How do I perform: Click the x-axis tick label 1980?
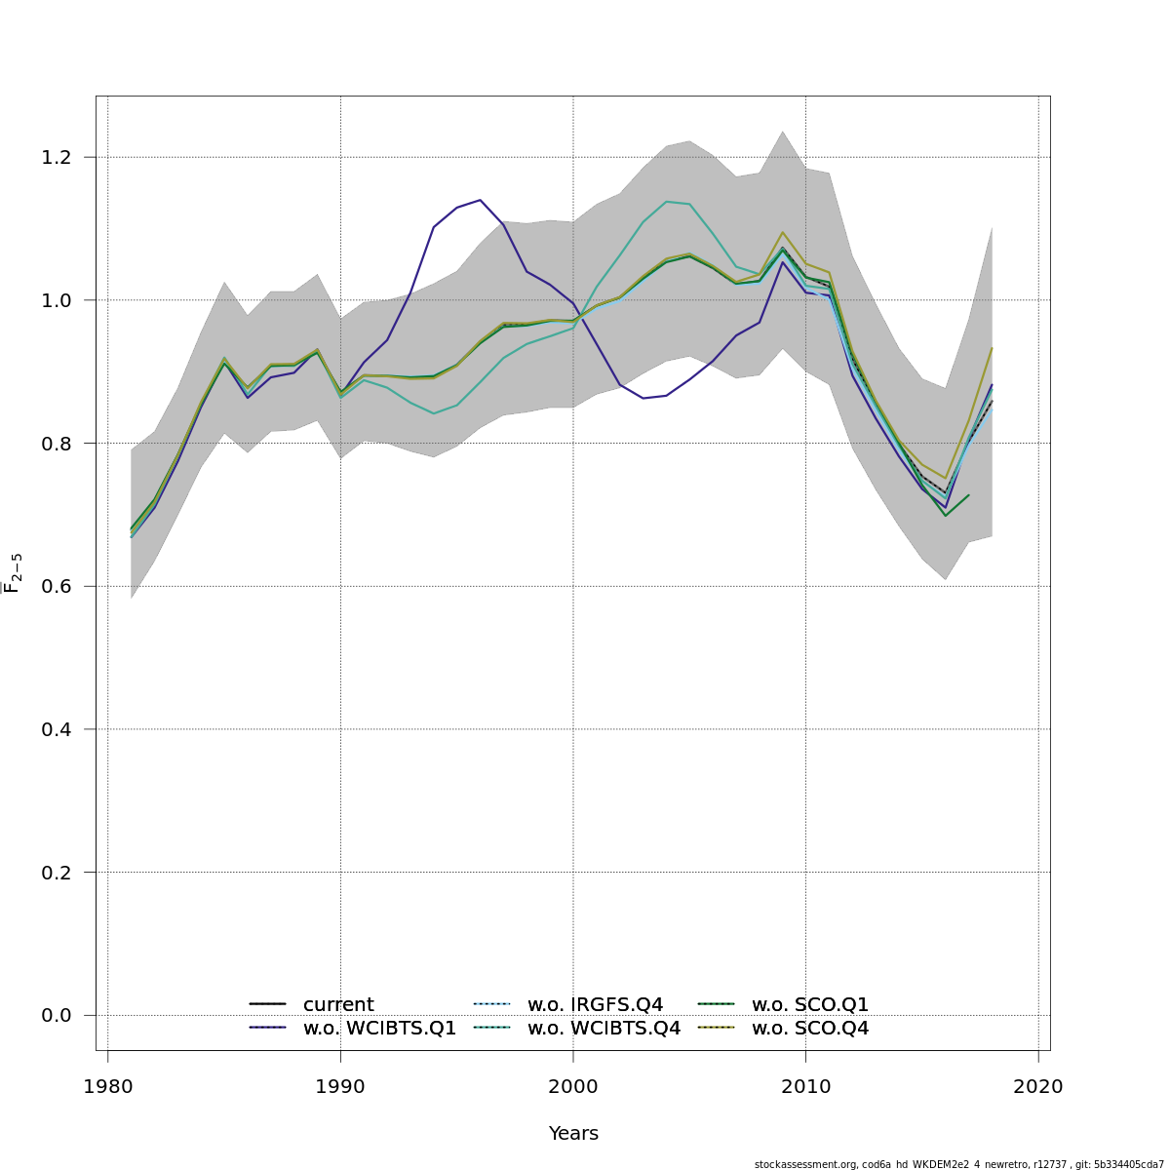coord(107,1087)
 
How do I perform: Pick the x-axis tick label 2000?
coord(573,1087)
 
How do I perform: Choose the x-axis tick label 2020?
coord(1038,1087)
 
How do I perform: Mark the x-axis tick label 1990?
coord(340,1087)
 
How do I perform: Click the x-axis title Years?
coord(573,1133)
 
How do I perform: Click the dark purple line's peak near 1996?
coord(480,200)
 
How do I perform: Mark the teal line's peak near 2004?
coord(667,202)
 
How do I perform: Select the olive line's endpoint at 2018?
coord(992,348)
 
